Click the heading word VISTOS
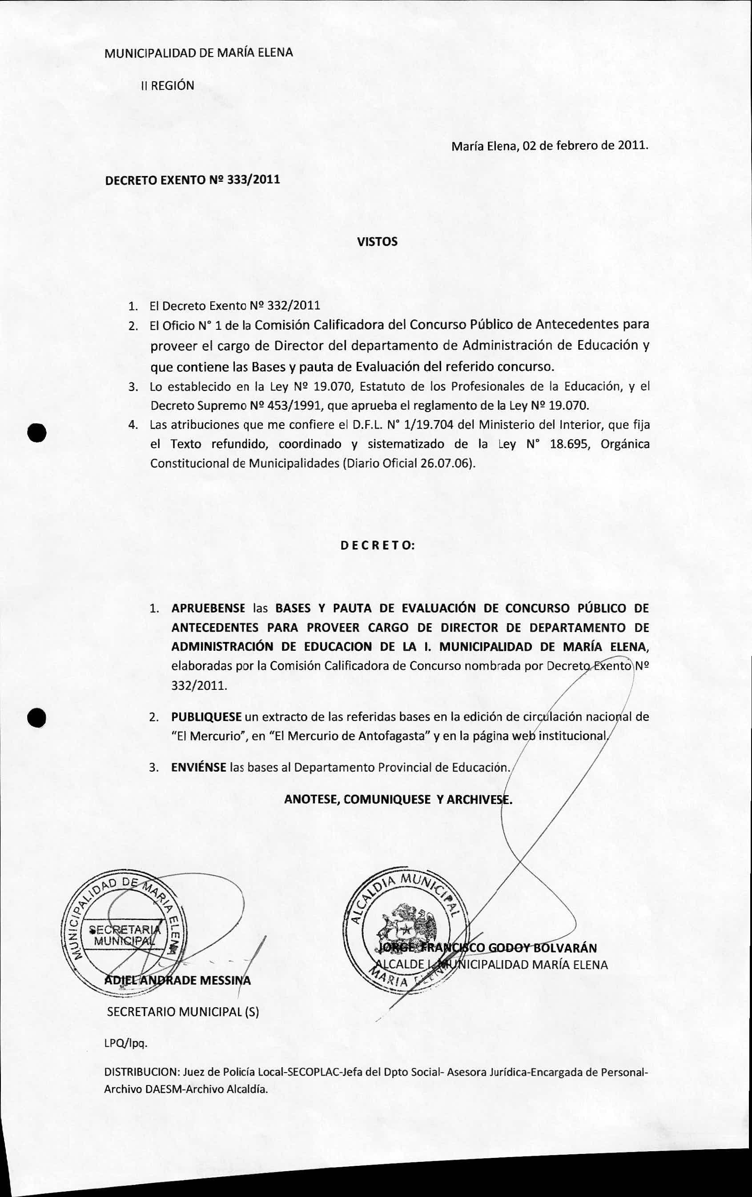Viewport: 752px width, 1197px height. [377, 242]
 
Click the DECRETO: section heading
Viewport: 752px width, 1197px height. [378, 545]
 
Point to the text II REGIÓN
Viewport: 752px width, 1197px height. [168, 85]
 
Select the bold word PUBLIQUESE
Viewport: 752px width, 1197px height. [206, 717]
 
